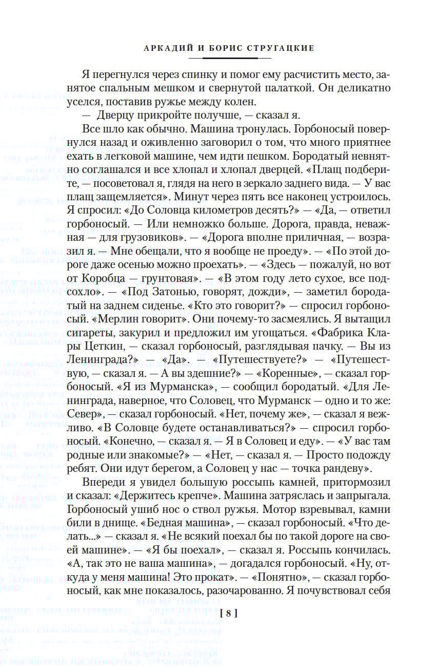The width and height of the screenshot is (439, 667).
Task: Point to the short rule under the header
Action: coord(229,58)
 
